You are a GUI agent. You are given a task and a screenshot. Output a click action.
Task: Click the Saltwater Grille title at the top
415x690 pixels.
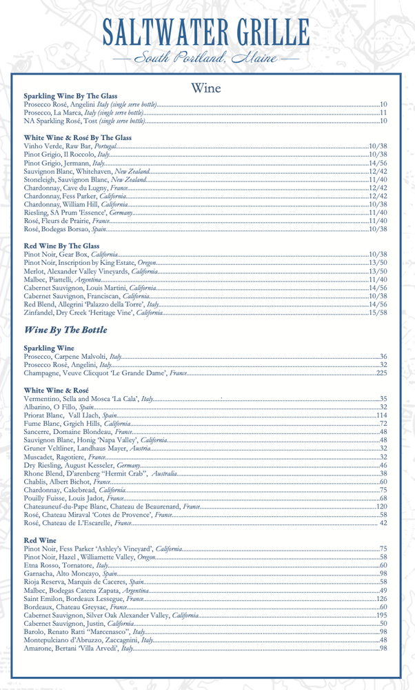[x=207, y=31]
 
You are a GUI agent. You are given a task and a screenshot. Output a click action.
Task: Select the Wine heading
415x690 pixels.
[x=207, y=86]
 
